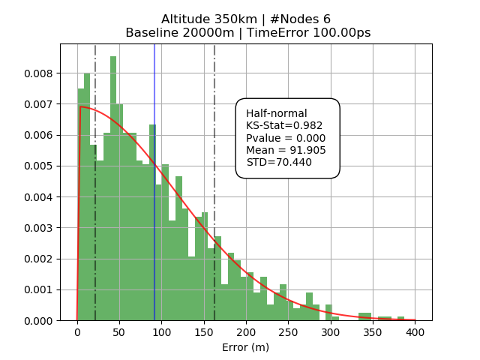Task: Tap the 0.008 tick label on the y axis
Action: [38, 73]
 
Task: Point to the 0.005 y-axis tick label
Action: [38, 166]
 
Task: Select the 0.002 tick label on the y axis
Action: [38, 259]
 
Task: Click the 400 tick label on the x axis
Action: [415, 331]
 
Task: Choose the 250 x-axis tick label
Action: [288, 331]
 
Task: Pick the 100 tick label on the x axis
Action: [161, 331]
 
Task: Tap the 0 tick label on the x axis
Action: [77, 331]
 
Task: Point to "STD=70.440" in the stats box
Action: [279, 162]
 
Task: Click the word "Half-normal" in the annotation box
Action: [277, 113]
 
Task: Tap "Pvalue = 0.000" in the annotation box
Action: [286, 138]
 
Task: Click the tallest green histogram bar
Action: [113, 187]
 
